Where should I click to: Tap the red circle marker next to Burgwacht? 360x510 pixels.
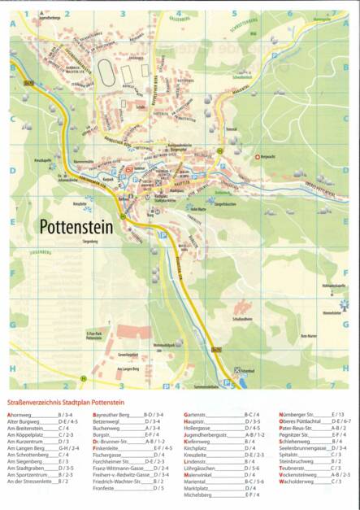258,156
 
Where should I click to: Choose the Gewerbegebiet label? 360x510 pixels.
127,355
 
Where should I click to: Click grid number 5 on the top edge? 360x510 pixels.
234,13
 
